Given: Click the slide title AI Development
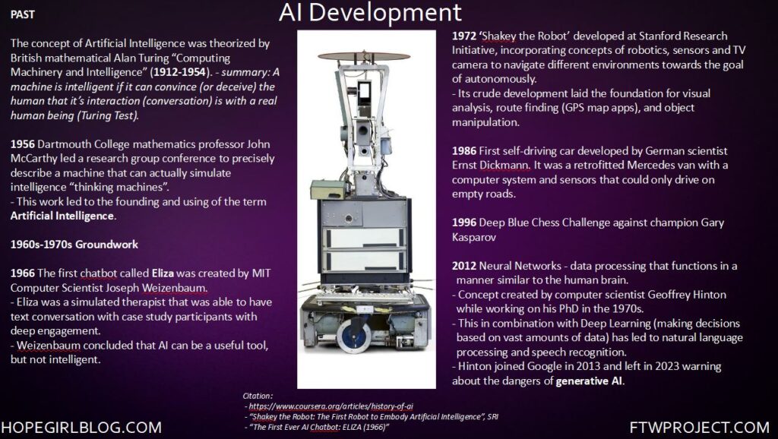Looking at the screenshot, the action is [370, 12].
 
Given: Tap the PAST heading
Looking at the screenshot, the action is [23, 14].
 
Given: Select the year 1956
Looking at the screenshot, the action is [22, 144].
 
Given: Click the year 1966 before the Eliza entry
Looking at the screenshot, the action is [22, 273].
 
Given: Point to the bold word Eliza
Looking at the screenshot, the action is [163, 273].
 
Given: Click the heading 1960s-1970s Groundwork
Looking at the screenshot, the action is [74, 245].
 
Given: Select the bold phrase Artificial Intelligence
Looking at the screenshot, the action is [62, 216].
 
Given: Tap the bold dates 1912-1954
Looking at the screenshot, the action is [179, 72].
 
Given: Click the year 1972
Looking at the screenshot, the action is [464, 36].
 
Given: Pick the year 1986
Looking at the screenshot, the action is [464, 151].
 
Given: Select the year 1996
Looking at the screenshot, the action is [464, 223].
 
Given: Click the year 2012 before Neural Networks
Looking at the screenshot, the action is [464, 266].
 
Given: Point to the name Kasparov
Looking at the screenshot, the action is [474, 238].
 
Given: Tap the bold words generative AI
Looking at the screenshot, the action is [590, 381].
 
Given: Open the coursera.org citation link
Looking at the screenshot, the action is [331, 406].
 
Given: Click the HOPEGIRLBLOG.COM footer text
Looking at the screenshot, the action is [81, 428].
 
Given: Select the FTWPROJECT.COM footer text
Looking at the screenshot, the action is [700, 428].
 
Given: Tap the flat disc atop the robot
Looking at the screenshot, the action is [364, 56].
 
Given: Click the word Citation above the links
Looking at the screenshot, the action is [257, 396].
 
